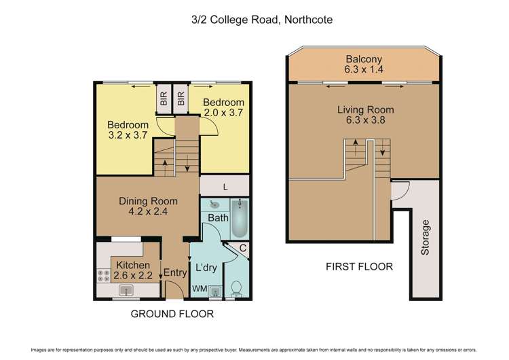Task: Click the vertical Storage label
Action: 426,237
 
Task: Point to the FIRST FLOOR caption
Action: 359,266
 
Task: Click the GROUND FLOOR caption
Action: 172,314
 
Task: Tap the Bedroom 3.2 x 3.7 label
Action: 128,130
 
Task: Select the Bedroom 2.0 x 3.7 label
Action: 223,108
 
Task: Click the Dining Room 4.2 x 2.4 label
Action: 148,206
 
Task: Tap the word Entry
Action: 174,272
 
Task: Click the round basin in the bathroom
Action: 214,204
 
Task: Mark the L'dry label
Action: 206,268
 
